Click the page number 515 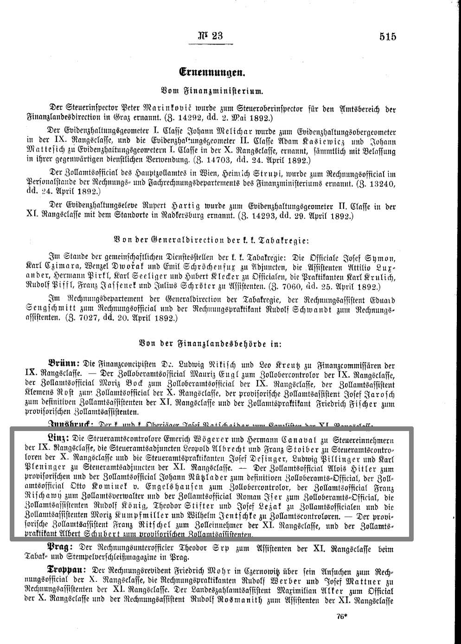[x=387, y=36]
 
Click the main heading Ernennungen [x=212, y=72]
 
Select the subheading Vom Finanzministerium [x=212, y=91]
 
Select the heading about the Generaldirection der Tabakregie [x=211, y=240]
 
